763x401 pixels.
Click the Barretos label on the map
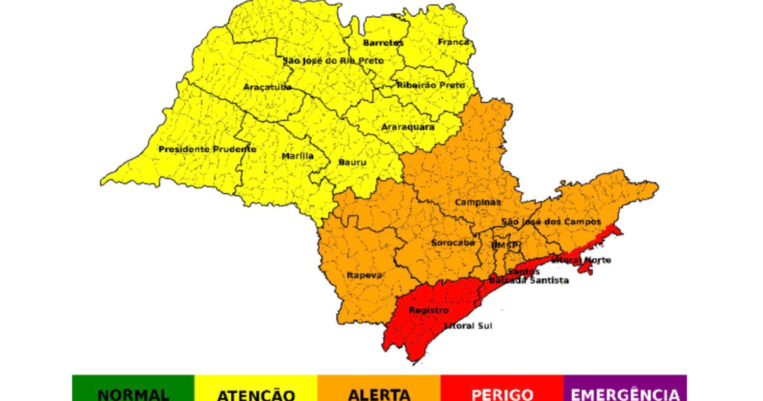pos(383,43)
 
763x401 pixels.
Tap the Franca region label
pos(453,42)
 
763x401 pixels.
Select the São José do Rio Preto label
pos(333,60)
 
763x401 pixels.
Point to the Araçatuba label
pos(268,86)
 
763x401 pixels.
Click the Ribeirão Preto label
pos(430,85)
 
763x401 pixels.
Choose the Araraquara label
pos(408,127)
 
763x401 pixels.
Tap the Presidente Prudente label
pos(207,149)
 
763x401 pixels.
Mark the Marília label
pos(298,156)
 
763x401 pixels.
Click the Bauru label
pos(352,162)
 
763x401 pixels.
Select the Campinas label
pos(478,202)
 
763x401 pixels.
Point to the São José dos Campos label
pos(551,222)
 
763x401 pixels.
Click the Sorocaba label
pos(453,243)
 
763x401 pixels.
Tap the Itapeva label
pos(364,275)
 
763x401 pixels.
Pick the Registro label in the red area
pos(429,310)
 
